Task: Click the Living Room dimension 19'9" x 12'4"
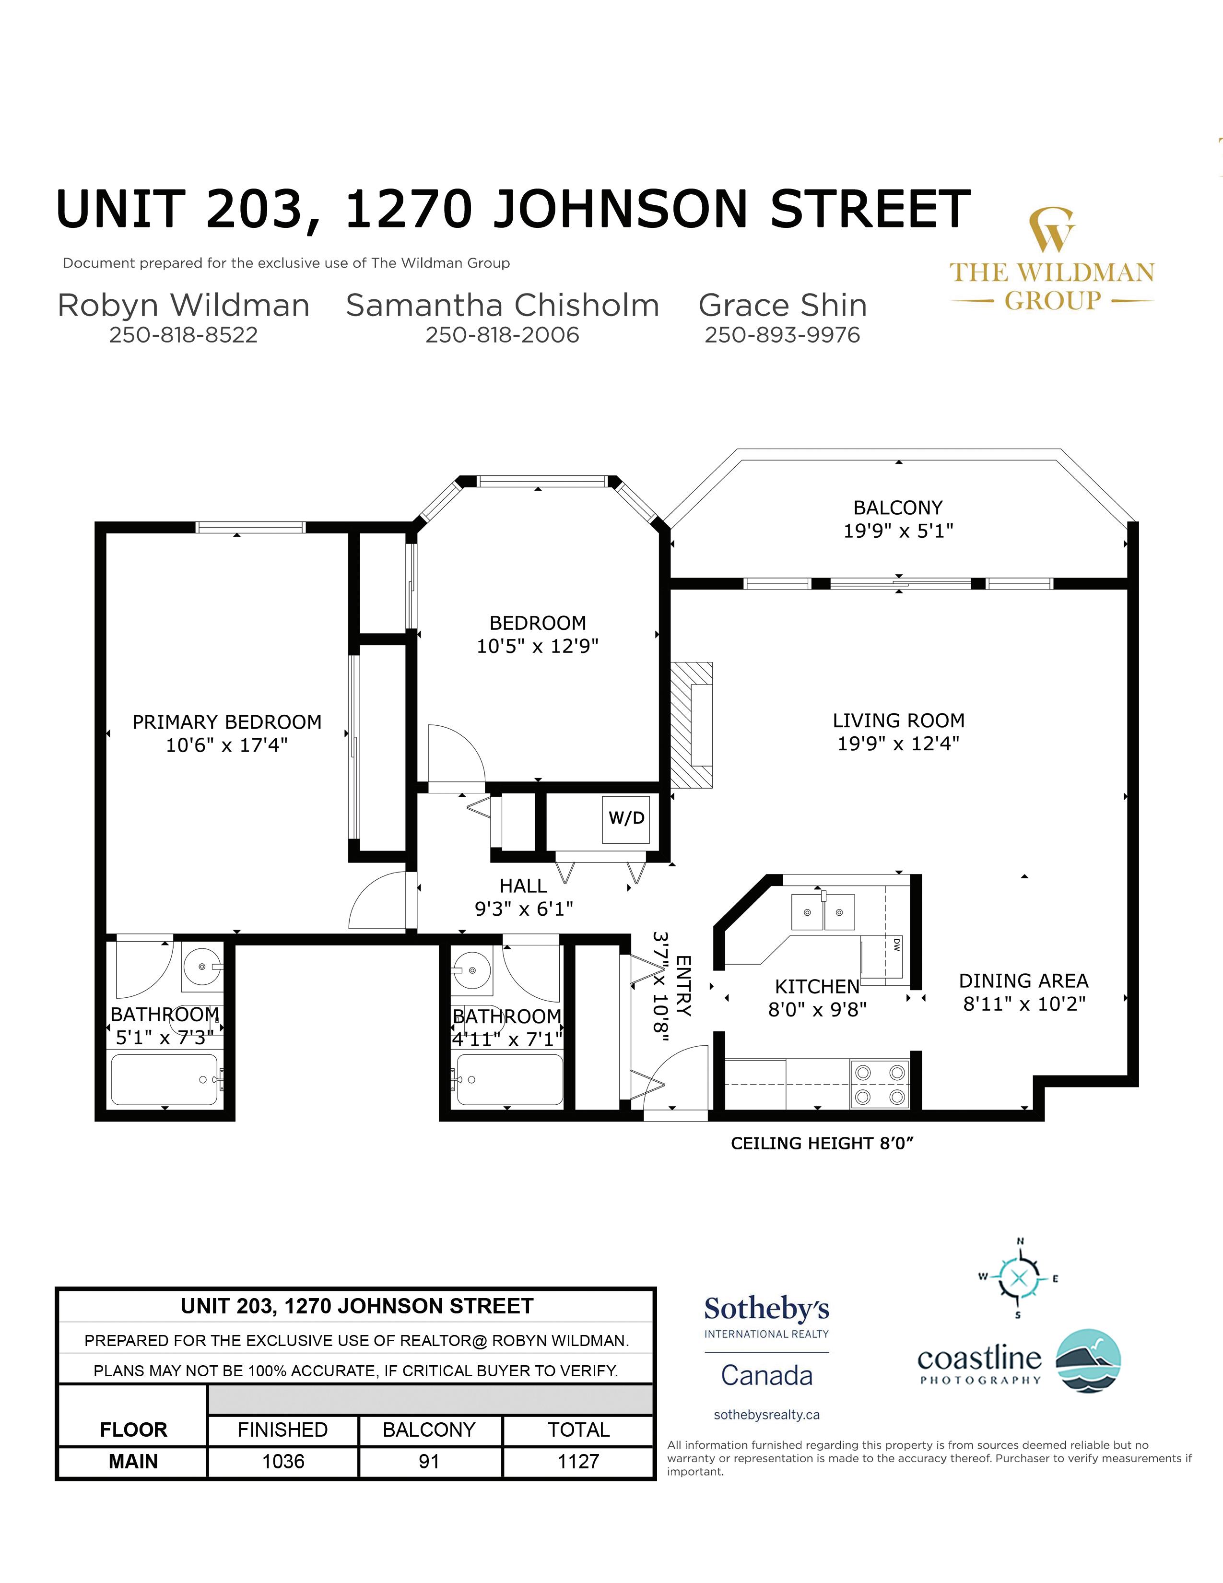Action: click(898, 744)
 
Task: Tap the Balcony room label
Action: click(898, 508)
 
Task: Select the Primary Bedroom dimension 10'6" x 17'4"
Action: click(227, 745)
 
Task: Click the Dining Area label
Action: click(1024, 981)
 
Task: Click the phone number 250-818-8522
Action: click(183, 335)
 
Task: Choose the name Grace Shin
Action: click(783, 305)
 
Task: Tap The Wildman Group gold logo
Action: click(1052, 260)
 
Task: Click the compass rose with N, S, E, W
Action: click(1018, 1277)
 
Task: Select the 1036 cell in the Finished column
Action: click(283, 1461)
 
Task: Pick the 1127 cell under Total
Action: click(578, 1461)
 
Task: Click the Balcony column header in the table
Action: click(429, 1429)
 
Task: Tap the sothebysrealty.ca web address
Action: click(766, 1414)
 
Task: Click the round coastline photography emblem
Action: click(1088, 1361)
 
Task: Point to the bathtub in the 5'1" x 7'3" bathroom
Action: click(165, 1079)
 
